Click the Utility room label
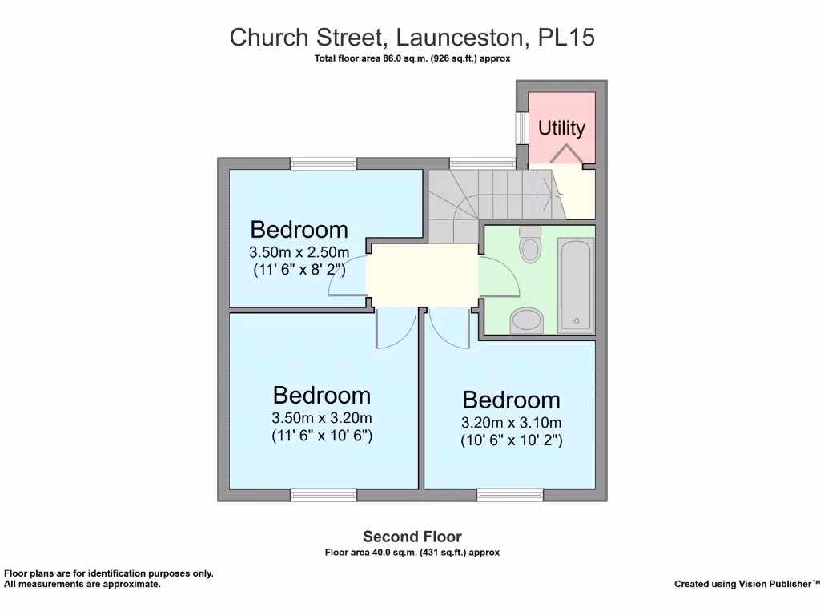coord(561,128)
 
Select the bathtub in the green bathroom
coord(575,285)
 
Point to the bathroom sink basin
coord(527,320)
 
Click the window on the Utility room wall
coord(521,127)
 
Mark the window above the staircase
coord(480,163)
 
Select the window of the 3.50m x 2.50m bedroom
coord(324,163)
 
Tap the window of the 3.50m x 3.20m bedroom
coord(324,496)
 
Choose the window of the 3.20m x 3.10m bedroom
coord(510,496)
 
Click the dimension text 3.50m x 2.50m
coord(299,252)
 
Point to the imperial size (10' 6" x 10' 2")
coord(511,440)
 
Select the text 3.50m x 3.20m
coord(322,418)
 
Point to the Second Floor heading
coord(412,537)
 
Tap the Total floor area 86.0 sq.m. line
coord(412,58)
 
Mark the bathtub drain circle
coord(575,321)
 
